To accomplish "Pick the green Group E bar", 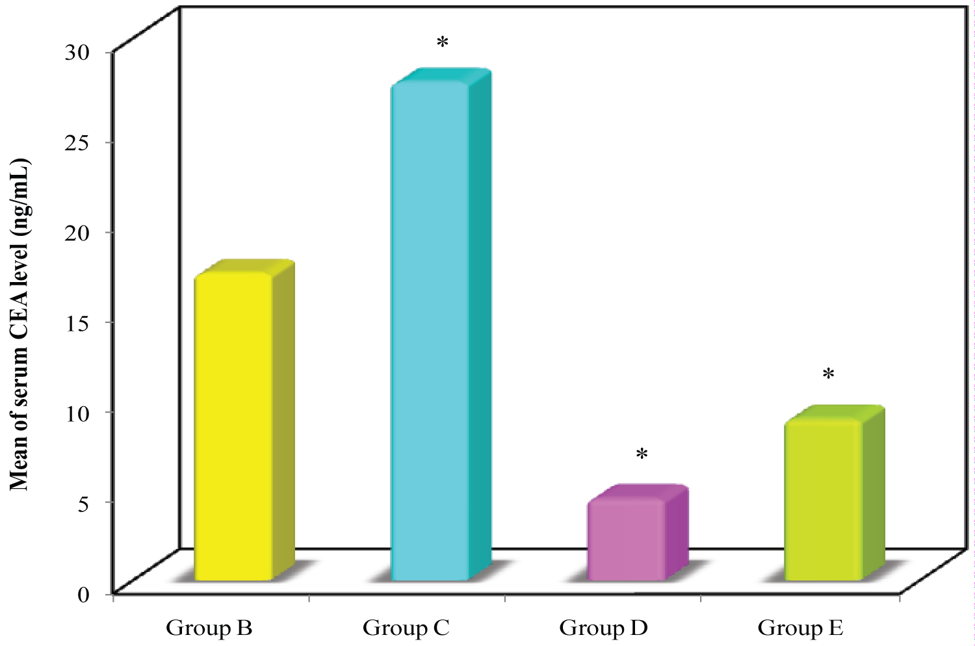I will pos(824,500).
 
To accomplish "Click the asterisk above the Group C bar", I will pos(443,44).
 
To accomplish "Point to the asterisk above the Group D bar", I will pos(642,455).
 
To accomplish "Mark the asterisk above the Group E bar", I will pos(827,375).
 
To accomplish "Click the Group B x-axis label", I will pos(209,628).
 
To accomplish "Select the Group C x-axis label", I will pos(406,628).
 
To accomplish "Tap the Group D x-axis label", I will pos(603,628).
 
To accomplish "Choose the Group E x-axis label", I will pos(800,628).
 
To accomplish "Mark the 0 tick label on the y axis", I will pos(85,593).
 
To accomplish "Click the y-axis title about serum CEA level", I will pos(19,323).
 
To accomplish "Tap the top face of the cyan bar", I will pos(441,76).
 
